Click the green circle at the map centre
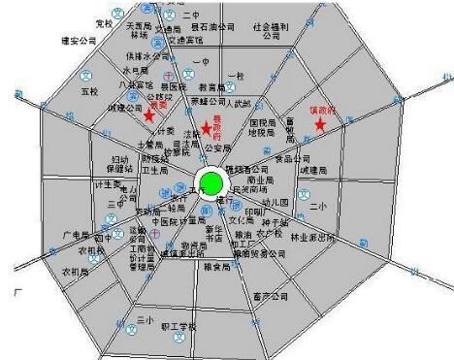click(211, 182)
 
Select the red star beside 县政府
click(206, 129)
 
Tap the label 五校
click(91, 92)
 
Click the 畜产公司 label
click(270, 295)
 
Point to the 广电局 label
click(76, 236)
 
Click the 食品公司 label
click(292, 158)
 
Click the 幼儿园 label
click(279, 203)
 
